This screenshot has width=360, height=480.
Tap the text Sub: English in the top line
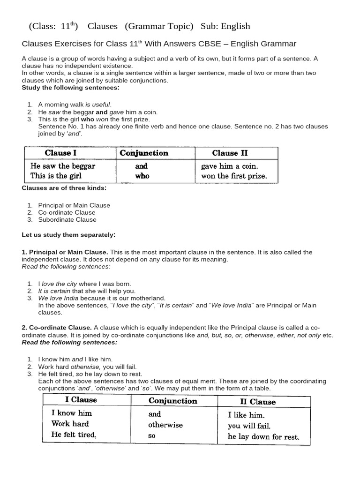tap(225, 26)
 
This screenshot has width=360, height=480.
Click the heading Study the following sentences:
tap(70, 88)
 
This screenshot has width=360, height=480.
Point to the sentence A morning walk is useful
tap(75, 105)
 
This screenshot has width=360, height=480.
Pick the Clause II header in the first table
tap(230, 153)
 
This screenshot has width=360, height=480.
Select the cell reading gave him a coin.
tap(229, 166)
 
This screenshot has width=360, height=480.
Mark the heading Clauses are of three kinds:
tap(64, 188)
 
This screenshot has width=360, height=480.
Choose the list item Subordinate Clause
tap(67, 219)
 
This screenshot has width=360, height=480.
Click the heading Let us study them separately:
tap(68, 234)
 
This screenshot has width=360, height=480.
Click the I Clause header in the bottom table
tap(81, 400)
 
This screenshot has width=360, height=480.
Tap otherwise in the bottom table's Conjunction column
tap(165, 425)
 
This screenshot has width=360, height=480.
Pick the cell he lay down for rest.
tap(263, 437)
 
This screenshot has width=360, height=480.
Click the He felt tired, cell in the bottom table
tap(74, 435)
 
